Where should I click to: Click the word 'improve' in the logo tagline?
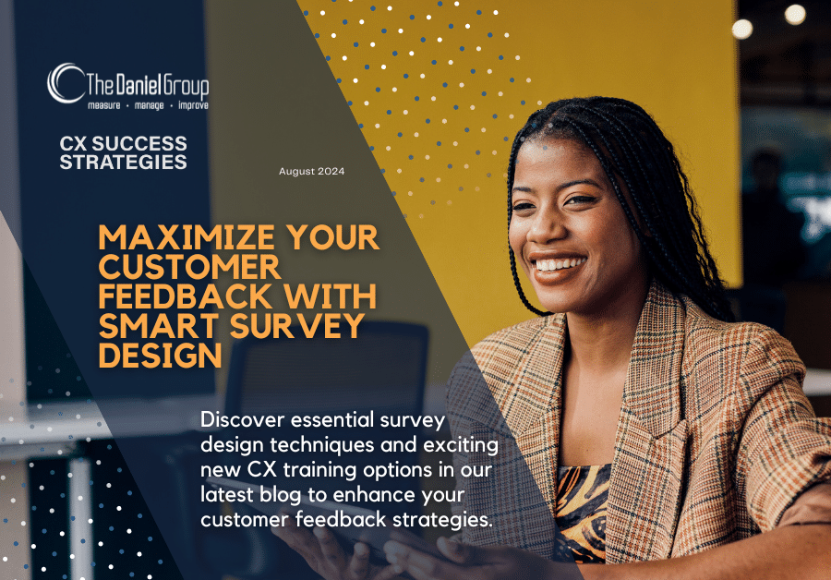tap(187, 107)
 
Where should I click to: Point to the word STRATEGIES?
tap(123, 163)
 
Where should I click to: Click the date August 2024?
tap(311, 173)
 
